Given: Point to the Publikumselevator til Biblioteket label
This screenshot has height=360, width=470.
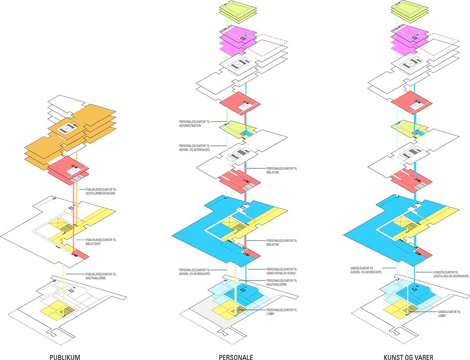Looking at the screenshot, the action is click(101, 242).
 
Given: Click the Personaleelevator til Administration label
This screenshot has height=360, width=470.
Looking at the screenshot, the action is click(195, 123).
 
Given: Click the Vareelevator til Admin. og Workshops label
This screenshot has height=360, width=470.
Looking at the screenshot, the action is click(366, 270).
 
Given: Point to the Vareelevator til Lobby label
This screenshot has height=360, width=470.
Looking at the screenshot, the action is click(449, 314).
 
